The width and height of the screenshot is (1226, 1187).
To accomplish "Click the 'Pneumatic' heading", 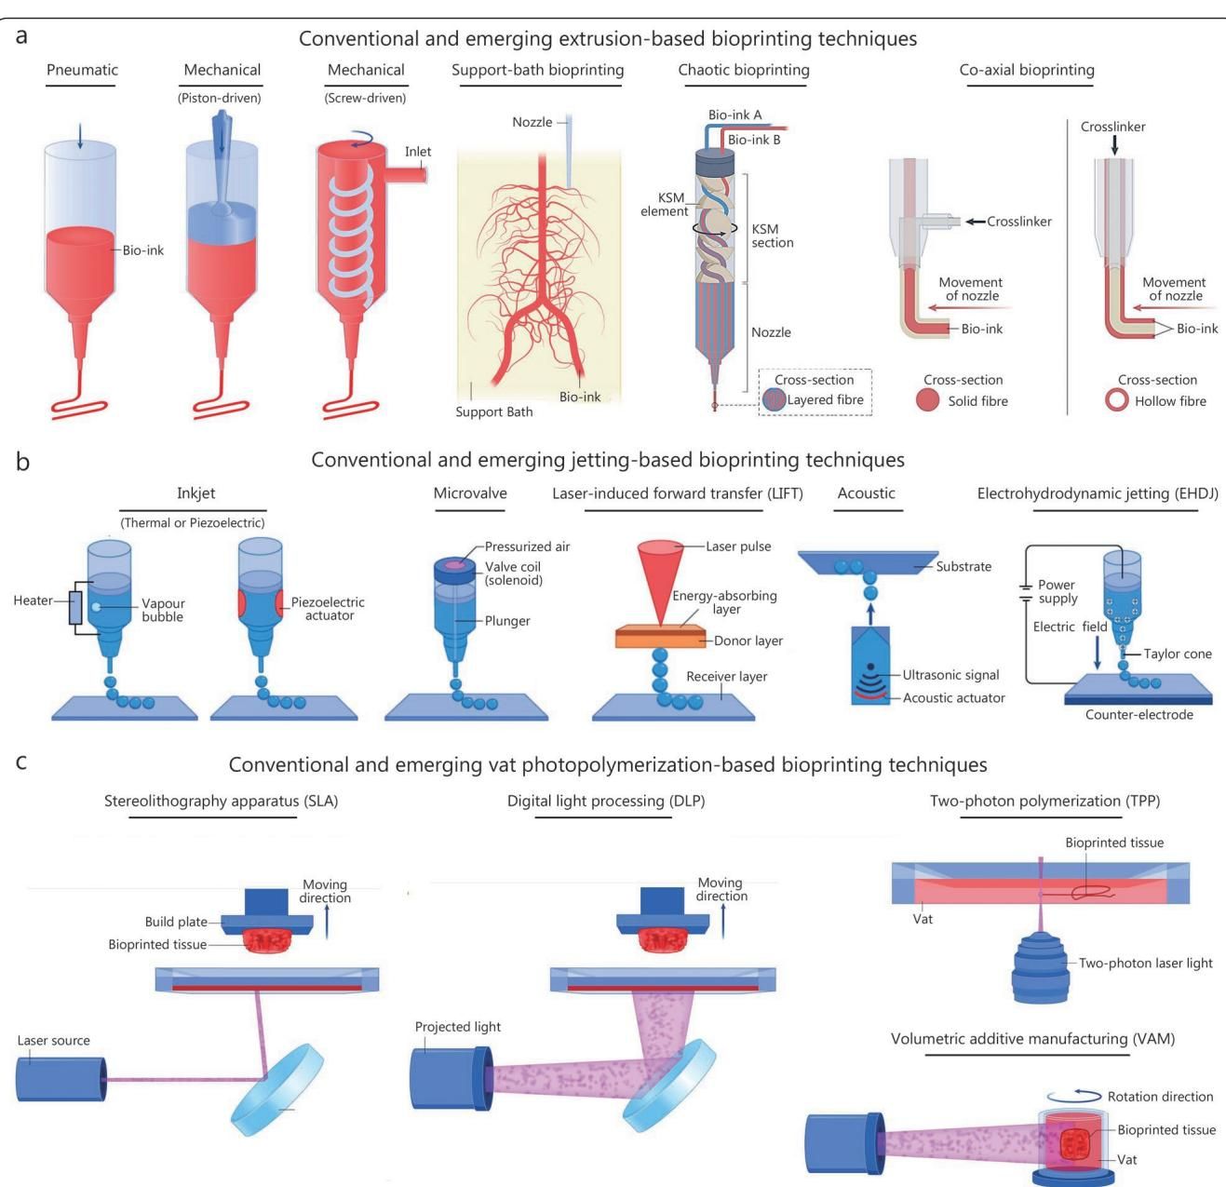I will click(82, 70).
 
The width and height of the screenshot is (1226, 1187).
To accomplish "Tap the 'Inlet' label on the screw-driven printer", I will click(418, 152).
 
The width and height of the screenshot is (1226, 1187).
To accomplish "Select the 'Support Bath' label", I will click(493, 411).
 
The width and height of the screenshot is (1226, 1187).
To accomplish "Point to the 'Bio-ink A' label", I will click(734, 115).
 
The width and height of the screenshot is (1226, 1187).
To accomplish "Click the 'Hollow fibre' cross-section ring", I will click(1116, 401).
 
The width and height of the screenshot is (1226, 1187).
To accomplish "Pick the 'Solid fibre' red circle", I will click(927, 401).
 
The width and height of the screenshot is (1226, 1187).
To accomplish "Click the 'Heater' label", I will click(33, 600).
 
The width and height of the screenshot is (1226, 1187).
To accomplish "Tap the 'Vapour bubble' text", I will click(162, 610).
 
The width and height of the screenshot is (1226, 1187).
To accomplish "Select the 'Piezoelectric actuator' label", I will click(328, 609).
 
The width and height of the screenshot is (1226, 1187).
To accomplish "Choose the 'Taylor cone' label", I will click(1178, 654).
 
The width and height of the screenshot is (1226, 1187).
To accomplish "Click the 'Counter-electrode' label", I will click(1138, 715).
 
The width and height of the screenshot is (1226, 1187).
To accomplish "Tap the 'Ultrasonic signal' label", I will click(950, 675).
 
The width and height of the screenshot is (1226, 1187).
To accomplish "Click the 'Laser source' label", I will click(54, 1040).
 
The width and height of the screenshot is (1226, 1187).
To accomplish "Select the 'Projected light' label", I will click(457, 1026).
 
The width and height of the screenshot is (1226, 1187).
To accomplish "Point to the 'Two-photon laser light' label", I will click(1145, 963).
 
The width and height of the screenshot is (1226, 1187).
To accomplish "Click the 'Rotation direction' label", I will click(1160, 1097).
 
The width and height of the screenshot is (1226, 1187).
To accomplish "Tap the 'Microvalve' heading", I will click(470, 493).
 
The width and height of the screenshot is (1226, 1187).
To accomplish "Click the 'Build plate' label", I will click(176, 922).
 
